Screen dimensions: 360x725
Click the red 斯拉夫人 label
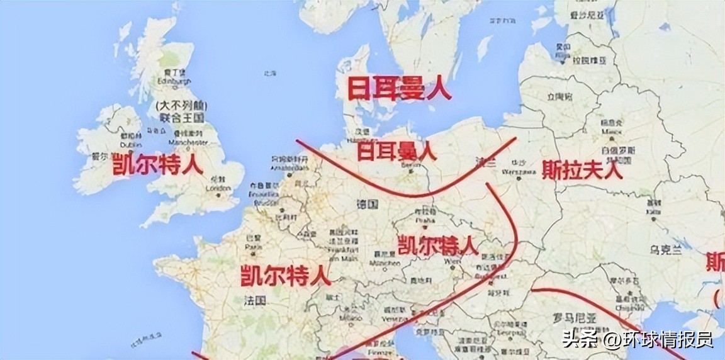click(x=582, y=169)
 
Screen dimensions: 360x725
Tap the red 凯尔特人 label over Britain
click(x=157, y=165)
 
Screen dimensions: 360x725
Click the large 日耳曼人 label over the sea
click(x=400, y=89)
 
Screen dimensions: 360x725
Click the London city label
click(x=218, y=188)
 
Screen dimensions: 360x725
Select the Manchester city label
click(x=188, y=142)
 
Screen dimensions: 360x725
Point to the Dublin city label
click(x=130, y=143)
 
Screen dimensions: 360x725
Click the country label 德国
click(x=367, y=205)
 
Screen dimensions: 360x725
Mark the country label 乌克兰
click(x=666, y=250)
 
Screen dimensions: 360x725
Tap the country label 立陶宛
click(x=560, y=97)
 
